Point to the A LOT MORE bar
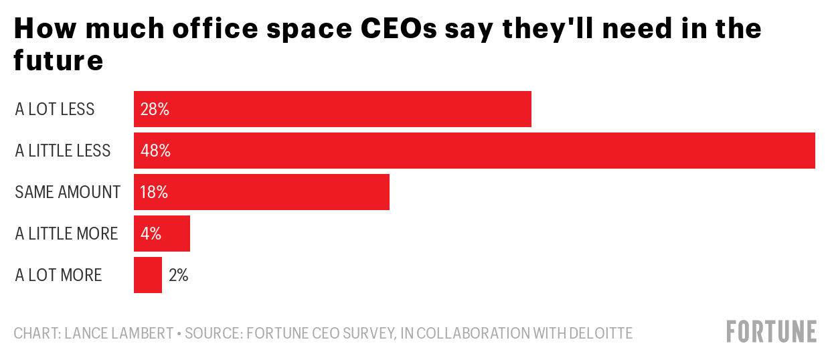pos(148,275)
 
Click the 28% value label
pos(155,109)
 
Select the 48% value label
pos(155,151)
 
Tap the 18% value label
pos(154,192)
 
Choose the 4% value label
pos(151,234)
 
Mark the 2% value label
pos(179,275)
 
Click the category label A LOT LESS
pos(55,109)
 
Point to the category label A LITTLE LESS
pos(63,151)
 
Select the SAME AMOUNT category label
pos(68,192)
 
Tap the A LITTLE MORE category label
pos(66,234)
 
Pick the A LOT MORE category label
pos(58,275)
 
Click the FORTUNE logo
pos(772,332)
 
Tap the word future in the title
pos(58,61)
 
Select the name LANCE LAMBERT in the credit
pos(119,333)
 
